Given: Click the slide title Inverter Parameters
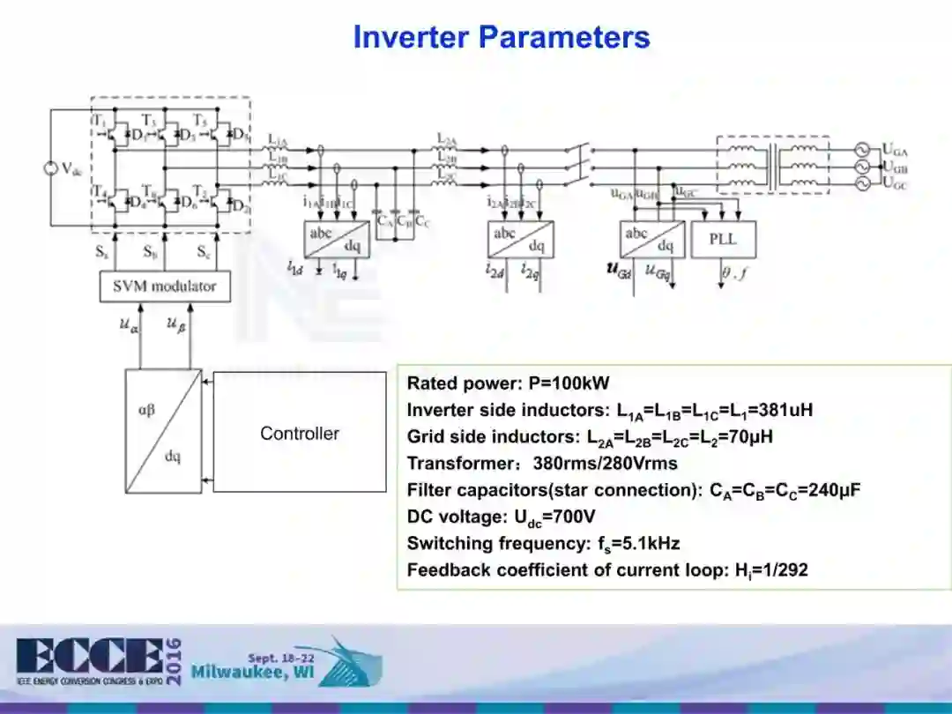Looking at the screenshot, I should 501,37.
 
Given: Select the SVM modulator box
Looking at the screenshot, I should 164,286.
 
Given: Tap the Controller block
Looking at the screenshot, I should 300,433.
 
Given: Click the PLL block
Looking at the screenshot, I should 723,239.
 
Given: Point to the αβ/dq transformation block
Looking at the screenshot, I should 163,433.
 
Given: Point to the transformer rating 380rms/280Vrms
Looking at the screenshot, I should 605,464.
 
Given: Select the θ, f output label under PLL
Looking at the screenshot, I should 733,274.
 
